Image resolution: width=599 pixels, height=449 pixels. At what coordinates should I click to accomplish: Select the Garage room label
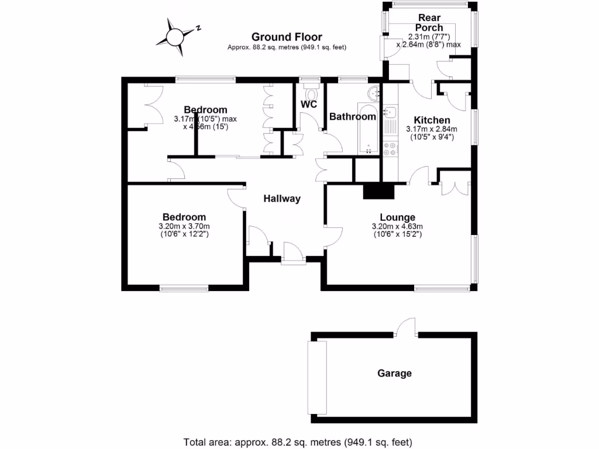394,374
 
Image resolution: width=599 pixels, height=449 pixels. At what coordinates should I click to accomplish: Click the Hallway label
281,199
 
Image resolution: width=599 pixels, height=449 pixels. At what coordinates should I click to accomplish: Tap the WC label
309,105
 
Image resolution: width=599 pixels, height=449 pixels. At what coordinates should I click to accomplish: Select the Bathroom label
352,117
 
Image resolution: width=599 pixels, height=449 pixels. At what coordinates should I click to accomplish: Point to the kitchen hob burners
390,148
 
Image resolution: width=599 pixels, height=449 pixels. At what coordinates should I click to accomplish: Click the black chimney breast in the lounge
379,191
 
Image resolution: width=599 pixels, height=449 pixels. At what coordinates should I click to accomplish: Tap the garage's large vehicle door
317,378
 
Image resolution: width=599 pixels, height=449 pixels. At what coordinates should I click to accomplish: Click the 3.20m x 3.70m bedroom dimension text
184,230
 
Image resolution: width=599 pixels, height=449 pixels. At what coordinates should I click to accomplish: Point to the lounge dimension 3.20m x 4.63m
397,230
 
